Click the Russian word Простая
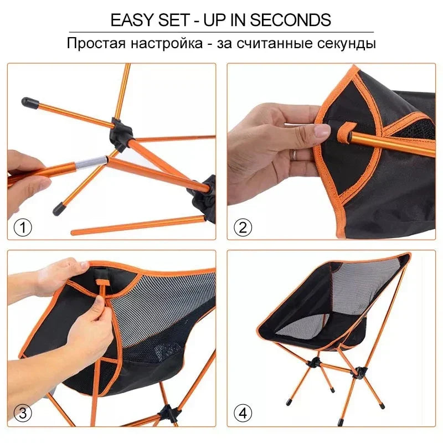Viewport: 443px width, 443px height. click(x=95, y=43)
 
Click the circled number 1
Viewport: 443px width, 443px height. click(x=23, y=227)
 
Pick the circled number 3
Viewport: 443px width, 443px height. click(x=23, y=413)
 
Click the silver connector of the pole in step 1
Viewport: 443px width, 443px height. click(x=92, y=162)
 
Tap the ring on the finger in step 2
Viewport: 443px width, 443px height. click(x=294, y=154)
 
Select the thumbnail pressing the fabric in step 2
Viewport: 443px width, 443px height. click(x=322, y=132)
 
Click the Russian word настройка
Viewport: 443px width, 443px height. click(x=164, y=43)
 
